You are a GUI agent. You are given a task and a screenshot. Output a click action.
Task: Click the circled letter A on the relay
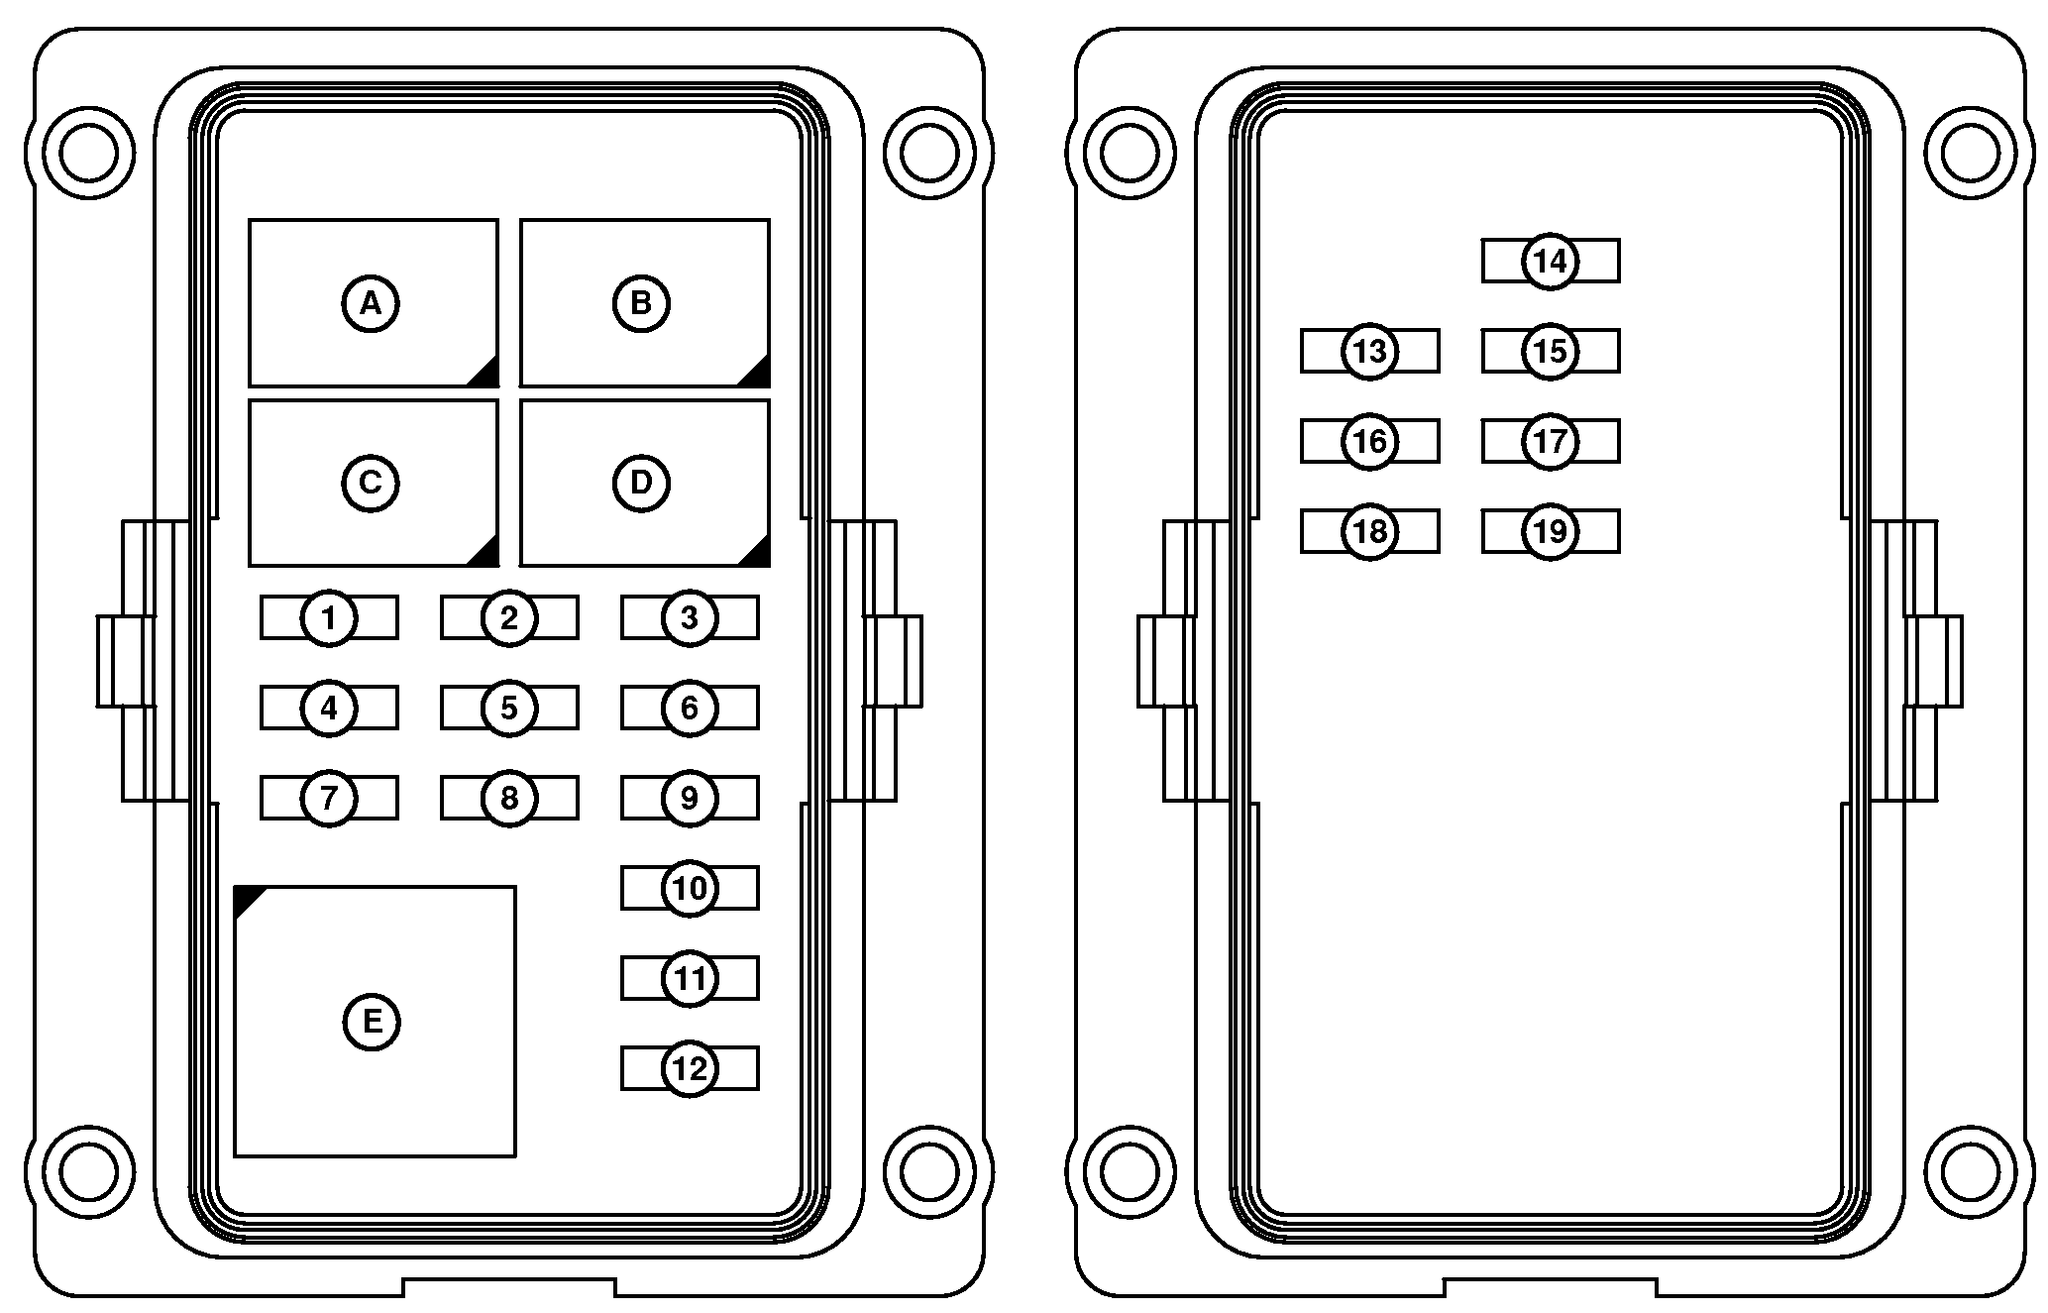pyautogui.click(x=371, y=303)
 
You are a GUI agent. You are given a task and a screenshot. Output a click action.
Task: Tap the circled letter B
pyautogui.click(x=641, y=303)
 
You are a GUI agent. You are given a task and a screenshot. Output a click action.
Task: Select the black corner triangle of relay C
pyautogui.click(x=483, y=551)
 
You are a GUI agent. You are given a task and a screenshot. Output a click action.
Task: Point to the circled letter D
pyautogui.click(x=641, y=483)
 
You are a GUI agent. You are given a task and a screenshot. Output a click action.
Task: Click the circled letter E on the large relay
pyautogui.click(x=372, y=1022)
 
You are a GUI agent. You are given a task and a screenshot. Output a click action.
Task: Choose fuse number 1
pyautogui.click(x=329, y=618)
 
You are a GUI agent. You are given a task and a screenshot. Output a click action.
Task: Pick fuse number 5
pyautogui.click(x=509, y=708)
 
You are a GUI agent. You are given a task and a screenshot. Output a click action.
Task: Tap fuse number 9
pyautogui.click(x=690, y=798)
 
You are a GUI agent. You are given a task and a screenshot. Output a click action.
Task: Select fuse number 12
pyautogui.click(x=690, y=1068)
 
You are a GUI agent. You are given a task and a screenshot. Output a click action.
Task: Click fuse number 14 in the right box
pyautogui.click(x=1551, y=261)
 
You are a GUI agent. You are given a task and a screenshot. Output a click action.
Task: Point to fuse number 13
pyautogui.click(x=1370, y=351)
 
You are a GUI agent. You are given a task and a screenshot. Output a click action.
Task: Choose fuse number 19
pyautogui.click(x=1551, y=531)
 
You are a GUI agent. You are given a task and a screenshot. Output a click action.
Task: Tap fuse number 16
pyautogui.click(x=1370, y=441)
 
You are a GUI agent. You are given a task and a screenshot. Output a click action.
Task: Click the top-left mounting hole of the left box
pyautogui.click(x=89, y=152)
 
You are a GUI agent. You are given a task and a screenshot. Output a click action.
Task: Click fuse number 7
pyautogui.click(x=329, y=798)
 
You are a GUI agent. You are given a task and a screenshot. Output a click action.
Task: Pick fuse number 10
pyautogui.click(x=690, y=888)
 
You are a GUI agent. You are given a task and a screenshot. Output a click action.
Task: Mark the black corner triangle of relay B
pyautogui.click(x=754, y=371)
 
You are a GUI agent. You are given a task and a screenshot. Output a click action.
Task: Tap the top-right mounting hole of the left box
pyautogui.click(x=930, y=152)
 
